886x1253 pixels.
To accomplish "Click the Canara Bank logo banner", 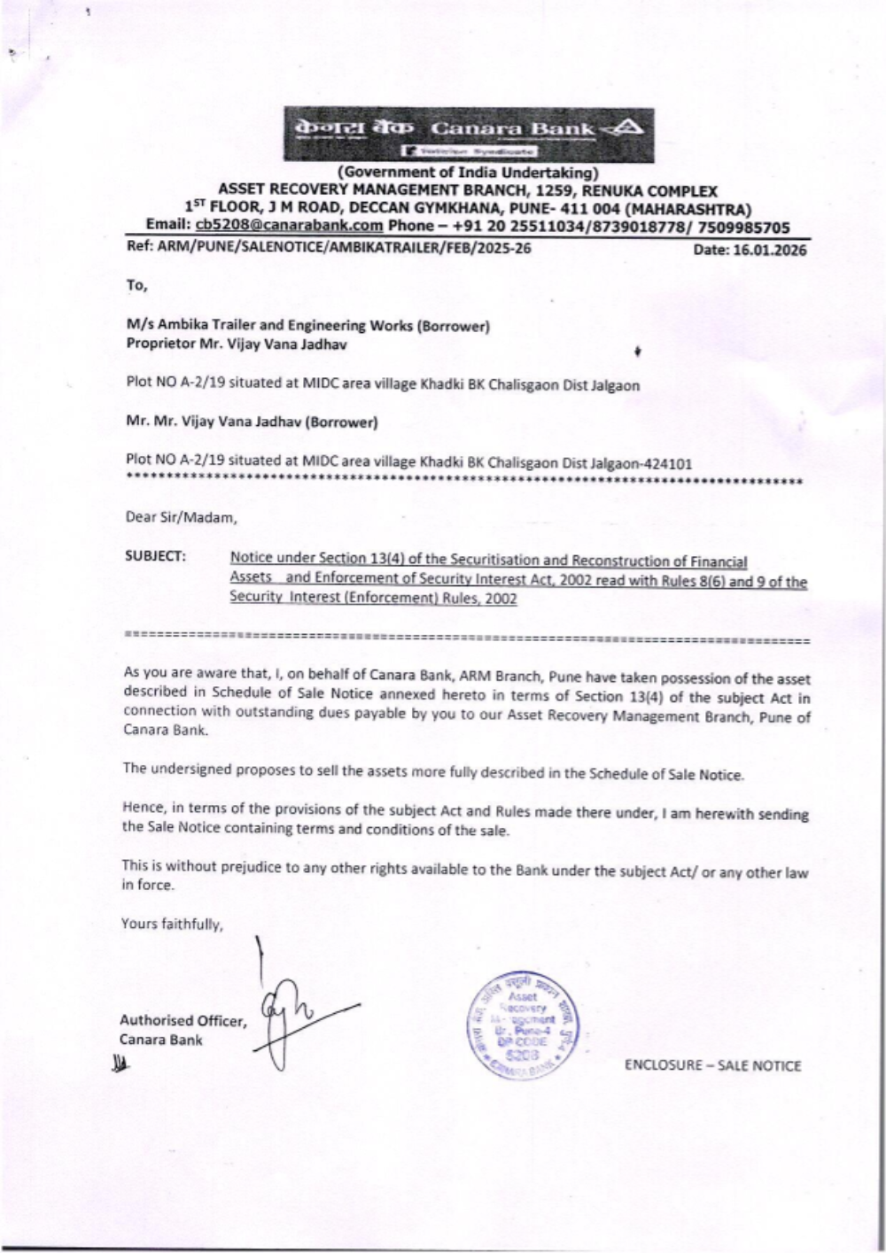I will [469, 135].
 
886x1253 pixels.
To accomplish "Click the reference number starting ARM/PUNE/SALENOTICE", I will [329, 248].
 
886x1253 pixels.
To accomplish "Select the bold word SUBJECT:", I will [156, 556].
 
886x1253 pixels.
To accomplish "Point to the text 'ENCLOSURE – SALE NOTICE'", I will [712, 1065].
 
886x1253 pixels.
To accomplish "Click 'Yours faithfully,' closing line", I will [172, 924].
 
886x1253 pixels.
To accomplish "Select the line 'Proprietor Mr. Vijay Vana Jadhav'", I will [237, 344].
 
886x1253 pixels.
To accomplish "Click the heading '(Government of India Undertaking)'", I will [468, 173].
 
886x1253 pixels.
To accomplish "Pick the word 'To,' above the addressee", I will [136, 285].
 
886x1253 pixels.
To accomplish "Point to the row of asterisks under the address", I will [464, 482].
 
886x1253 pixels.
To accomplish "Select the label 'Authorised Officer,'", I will [183, 1021].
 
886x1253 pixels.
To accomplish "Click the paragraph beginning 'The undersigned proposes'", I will [432, 771].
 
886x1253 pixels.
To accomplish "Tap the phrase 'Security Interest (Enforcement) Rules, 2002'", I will [373, 598].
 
